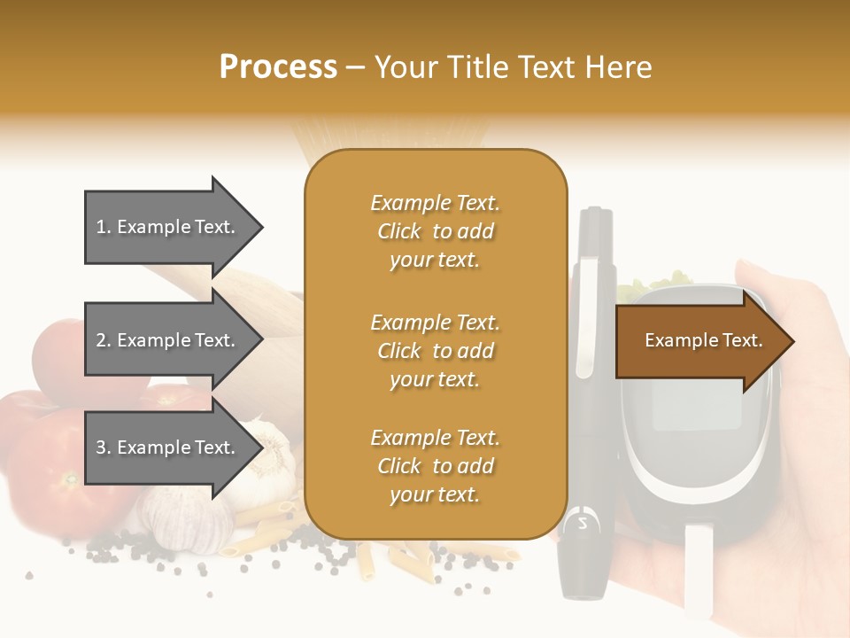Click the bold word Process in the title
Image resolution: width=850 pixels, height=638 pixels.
coord(278,66)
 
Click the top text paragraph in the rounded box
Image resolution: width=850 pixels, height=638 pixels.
coord(435,231)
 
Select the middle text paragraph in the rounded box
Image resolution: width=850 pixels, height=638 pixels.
coord(435,351)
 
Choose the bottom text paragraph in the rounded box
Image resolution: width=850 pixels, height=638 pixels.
coord(435,466)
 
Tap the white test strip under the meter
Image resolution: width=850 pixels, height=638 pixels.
coord(699,567)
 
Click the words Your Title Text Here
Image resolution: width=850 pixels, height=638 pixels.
coord(513,66)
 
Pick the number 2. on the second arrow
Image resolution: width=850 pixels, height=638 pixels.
coord(104,340)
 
